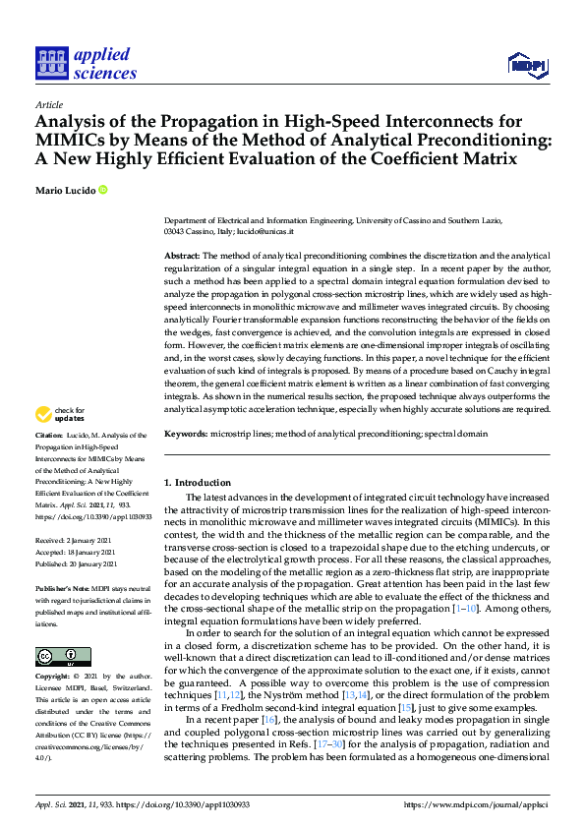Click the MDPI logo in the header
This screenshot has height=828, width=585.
pos(527,65)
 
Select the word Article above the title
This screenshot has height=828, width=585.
pos(48,103)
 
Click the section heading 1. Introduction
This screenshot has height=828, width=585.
pos(197,482)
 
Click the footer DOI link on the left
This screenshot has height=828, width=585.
pos(179,803)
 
